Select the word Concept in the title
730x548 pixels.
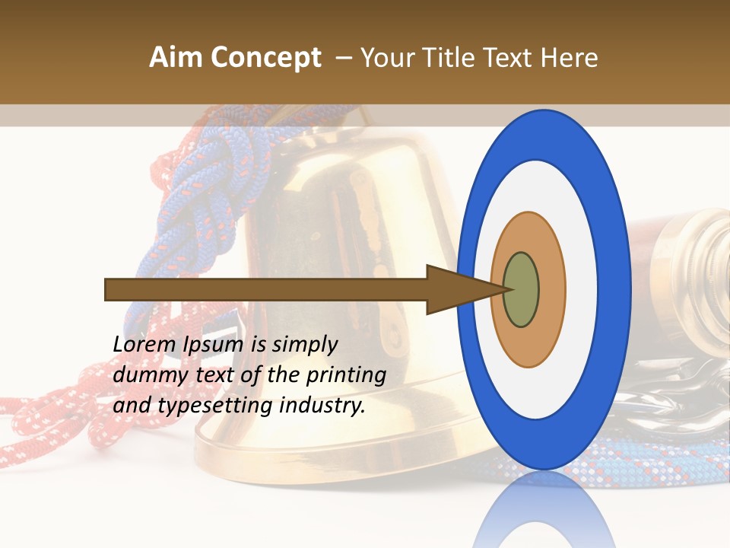point(265,58)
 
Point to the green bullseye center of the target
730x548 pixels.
point(522,290)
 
